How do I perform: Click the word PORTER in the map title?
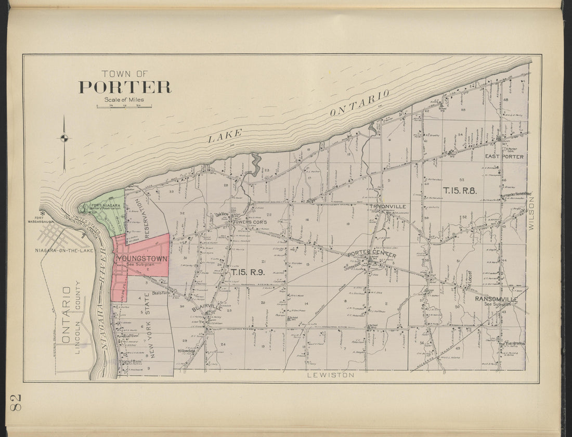[x=125, y=87]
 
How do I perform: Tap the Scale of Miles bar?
[x=124, y=107]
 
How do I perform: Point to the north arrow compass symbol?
[x=64, y=138]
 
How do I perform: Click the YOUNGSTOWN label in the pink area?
[x=142, y=258]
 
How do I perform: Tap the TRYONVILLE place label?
[x=388, y=207]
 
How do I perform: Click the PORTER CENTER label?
[x=372, y=254]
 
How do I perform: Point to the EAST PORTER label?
[x=504, y=156]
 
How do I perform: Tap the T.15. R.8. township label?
[x=460, y=190]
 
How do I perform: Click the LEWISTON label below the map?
[x=330, y=375]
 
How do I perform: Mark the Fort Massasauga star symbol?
[x=43, y=213]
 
